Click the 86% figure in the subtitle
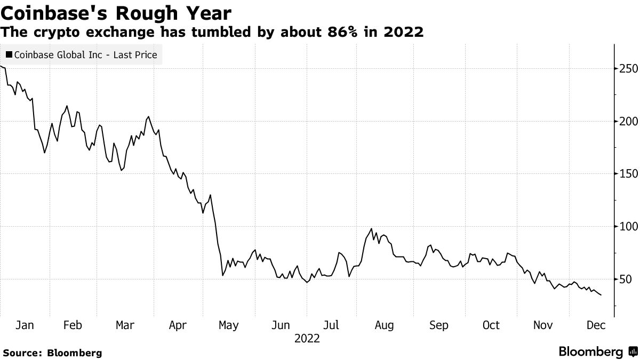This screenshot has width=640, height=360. tap(332, 32)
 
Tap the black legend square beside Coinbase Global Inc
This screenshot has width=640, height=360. tap(9, 54)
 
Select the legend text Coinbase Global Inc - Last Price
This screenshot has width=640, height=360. tap(85, 54)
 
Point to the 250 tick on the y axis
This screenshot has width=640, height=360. tap(627, 69)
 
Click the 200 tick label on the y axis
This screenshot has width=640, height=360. tap(627, 121)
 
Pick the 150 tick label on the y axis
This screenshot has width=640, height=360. tap(627, 174)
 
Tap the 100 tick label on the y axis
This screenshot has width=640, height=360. tap(627, 227)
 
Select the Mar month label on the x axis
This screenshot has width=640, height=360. tap(125, 325)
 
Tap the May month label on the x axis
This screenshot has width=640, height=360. tap(229, 325)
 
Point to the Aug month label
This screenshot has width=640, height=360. tap(384, 325)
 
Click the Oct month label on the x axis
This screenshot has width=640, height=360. tap(490, 325)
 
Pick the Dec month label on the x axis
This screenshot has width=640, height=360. tap(595, 325)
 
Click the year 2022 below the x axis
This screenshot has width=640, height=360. tap(307, 339)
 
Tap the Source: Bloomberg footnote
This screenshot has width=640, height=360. tap(52, 353)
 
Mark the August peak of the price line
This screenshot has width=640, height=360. tap(371, 229)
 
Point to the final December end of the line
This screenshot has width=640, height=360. tap(602, 295)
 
